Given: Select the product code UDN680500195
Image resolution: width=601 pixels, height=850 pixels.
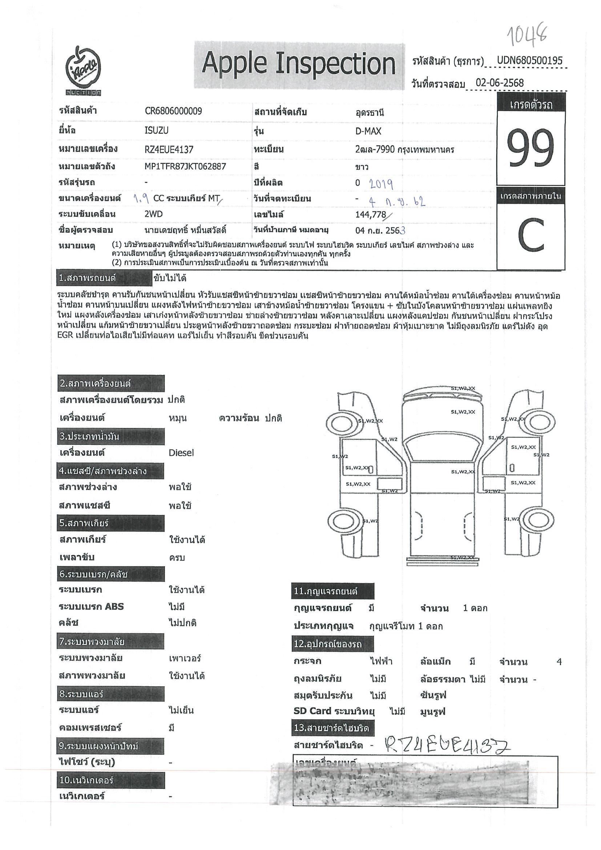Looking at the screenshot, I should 529,60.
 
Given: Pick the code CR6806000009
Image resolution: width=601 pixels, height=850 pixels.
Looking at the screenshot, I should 173,112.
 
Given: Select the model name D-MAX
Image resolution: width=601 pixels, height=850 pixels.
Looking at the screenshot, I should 368,131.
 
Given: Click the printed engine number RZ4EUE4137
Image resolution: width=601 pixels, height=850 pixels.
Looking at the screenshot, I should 169,150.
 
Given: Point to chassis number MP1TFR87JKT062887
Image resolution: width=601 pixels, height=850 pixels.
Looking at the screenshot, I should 185,167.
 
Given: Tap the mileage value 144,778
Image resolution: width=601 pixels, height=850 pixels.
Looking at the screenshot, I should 371,215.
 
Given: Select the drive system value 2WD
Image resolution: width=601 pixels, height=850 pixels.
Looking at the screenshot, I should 154,214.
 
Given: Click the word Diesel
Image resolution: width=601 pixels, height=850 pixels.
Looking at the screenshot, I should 181,453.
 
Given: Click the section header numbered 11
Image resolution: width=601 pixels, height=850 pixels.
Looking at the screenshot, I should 332,591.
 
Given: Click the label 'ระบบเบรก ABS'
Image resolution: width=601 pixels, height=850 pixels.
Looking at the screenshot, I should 91,606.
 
